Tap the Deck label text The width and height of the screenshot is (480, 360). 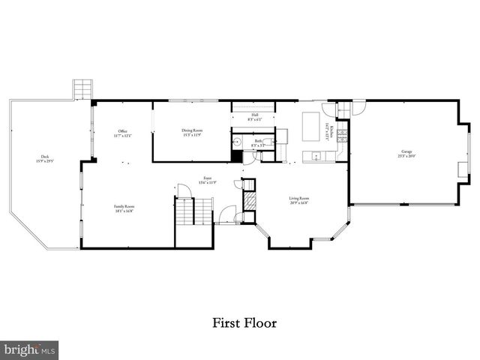42,159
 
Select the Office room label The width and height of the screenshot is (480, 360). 123,133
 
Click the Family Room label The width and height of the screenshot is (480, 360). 123,209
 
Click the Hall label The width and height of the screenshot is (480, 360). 253,117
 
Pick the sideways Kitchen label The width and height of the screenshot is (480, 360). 328,130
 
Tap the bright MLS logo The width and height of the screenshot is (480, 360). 30,349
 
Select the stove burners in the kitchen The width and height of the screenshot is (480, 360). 342,136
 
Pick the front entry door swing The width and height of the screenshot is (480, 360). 226,214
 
